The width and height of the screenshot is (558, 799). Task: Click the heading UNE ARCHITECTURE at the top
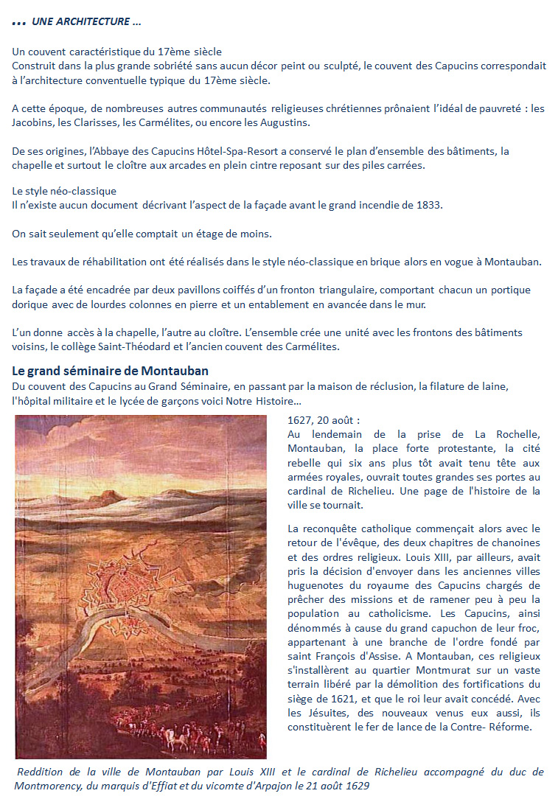pos(86,22)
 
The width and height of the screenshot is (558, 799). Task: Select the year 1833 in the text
pos(429,204)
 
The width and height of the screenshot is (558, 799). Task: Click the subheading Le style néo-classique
pos(63,191)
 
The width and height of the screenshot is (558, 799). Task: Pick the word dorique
pos(29,304)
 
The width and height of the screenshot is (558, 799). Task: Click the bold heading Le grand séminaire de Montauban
pos(115,371)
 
